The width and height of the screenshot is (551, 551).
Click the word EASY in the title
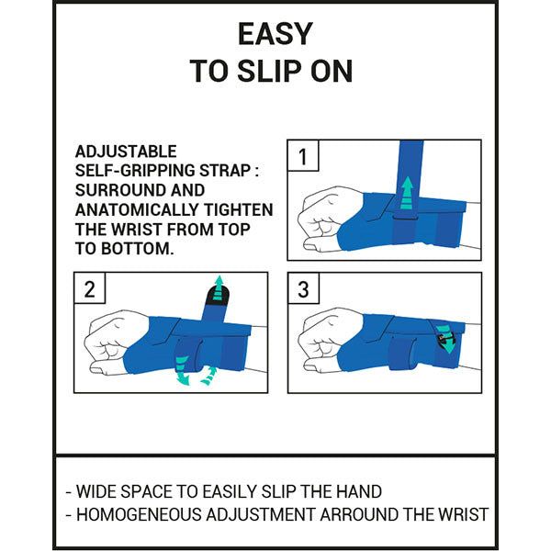pyautogui.click(x=275, y=34)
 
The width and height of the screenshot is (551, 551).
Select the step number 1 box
pyautogui.click(x=303, y=156)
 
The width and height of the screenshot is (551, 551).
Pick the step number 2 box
pyautogui.click(x=90, y=288)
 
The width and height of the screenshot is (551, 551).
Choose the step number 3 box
pyautogui.click(x=304, y=288)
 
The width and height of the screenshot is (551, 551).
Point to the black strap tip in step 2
pyautogui.click(x=218, y=295)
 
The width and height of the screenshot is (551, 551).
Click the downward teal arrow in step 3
pyautogui.click(x=445, y=339)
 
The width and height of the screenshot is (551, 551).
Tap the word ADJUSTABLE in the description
pyautogui.click(x=126, y=152)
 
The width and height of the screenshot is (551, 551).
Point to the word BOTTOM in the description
pyautogui.click(x=138, y=249)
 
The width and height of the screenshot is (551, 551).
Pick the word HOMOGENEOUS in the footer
pyautogui.click(x=140, y=514)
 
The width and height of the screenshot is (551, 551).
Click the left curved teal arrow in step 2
pyautogui.click(x=183, y=370)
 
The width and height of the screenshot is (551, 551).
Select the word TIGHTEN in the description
pyautogui.click(x=240, y=209)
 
